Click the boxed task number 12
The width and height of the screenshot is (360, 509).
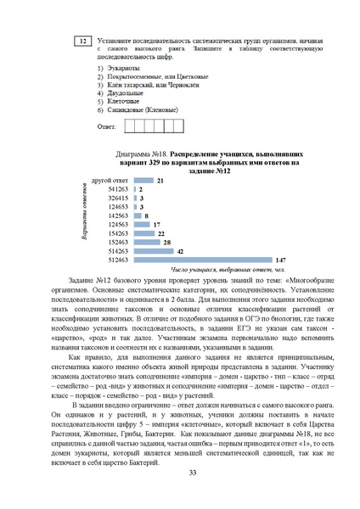(x=82, y=42)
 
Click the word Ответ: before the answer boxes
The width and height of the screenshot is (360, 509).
(x=107, y=126)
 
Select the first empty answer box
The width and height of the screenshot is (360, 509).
(x=130, y=126)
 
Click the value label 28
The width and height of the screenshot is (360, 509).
(x=167, y=242)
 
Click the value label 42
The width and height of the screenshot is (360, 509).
(x=180, y=250)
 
